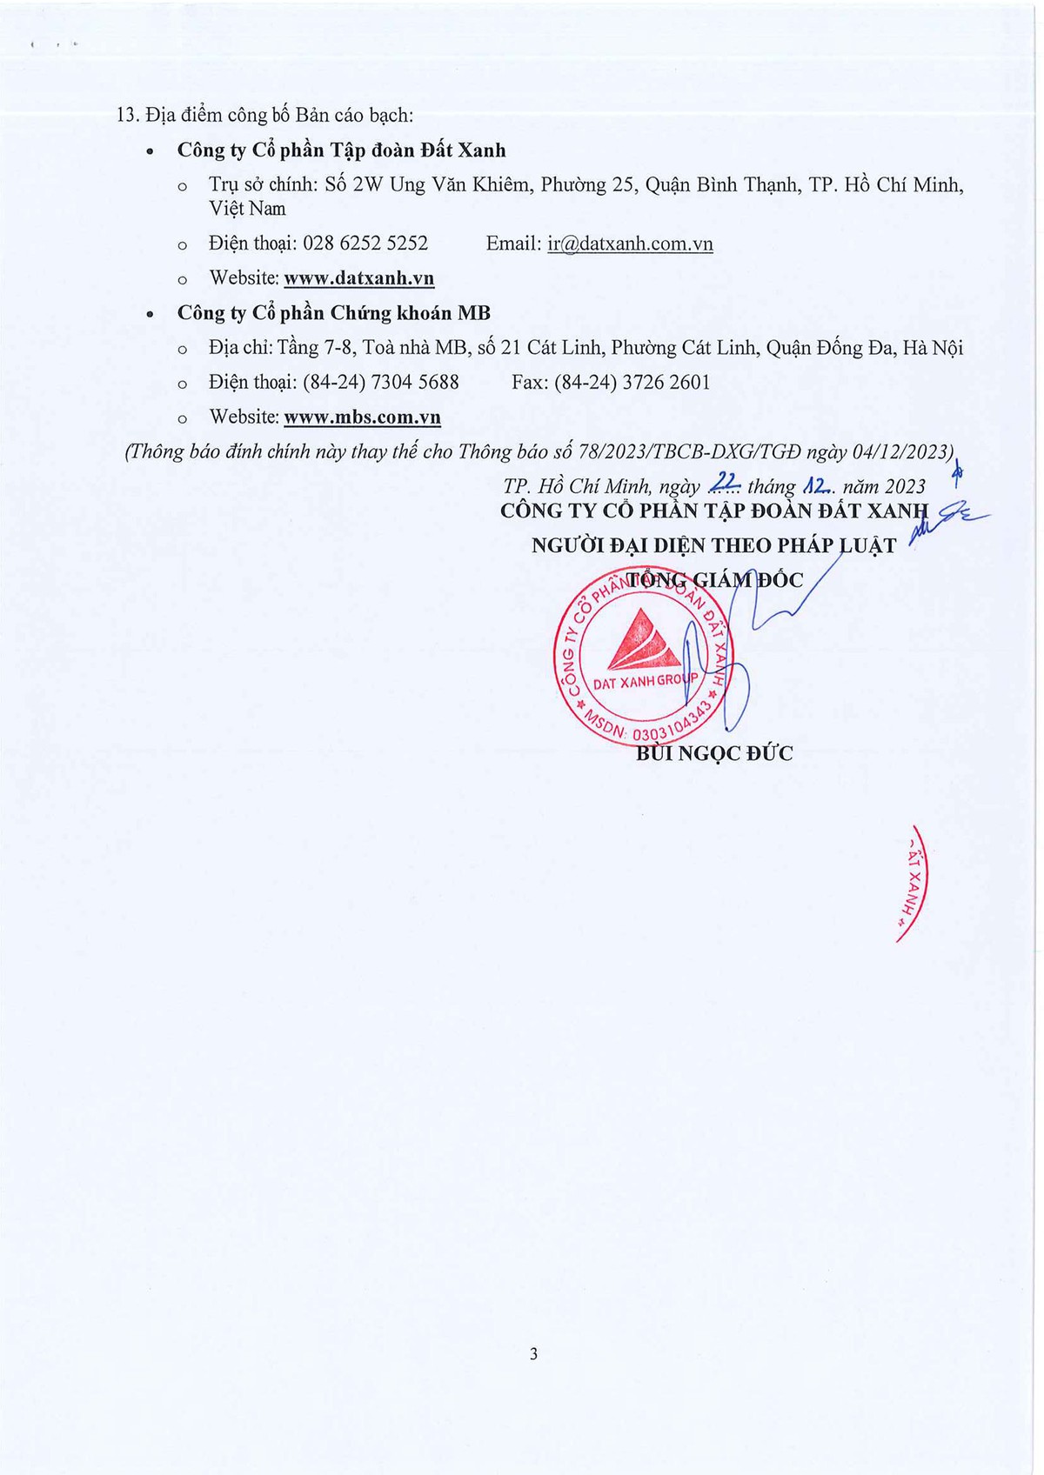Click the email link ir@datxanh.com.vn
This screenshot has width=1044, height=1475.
point(630,244)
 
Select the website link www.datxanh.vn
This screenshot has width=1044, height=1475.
point(358,278)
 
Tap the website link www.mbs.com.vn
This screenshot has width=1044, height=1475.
point(362,417)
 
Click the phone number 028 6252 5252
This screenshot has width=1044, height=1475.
point(365,244)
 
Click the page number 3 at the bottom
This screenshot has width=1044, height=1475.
point(533,1353)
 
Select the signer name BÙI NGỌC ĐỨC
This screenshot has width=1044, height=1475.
point(714,753)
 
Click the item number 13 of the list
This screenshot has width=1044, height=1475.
point(127,115)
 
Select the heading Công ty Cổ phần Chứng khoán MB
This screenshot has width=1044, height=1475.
point(334,313)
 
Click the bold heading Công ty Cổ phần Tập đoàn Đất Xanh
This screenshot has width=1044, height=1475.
point(341,150)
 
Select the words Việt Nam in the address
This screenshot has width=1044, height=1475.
point(247,209)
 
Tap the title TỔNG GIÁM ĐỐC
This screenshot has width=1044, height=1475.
point(715,580)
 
